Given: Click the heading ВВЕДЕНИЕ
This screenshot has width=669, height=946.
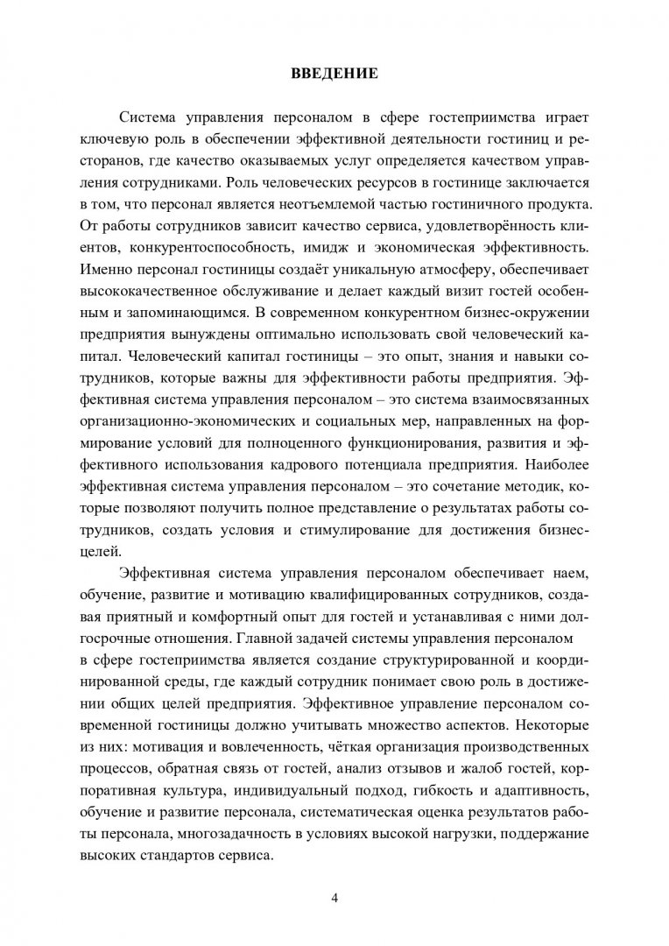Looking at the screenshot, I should pos(334,74).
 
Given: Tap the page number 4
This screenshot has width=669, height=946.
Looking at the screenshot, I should pos(334,899).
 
